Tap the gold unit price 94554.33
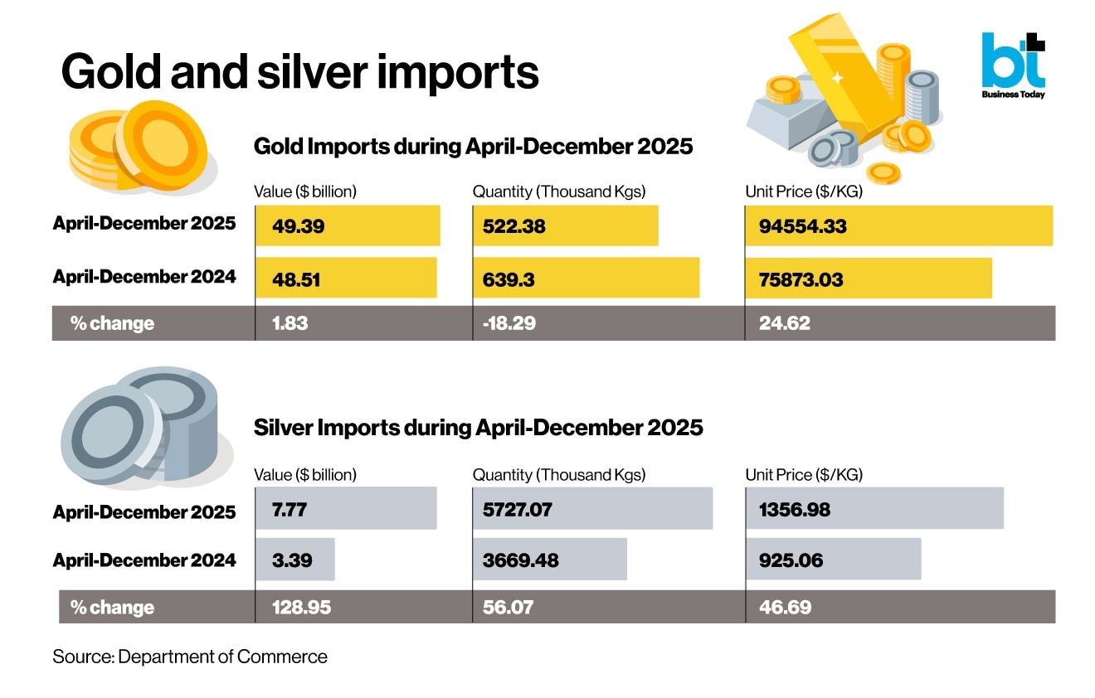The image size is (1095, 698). pos(802,226)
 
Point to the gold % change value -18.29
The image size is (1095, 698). pos(509,323)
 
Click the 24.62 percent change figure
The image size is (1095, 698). pos(784,323)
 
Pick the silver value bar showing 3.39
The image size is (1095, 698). pos(294,560)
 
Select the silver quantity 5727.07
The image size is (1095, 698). pos(517,510)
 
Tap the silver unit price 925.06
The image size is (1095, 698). pos(791,560)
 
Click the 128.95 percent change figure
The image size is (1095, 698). pos(301,608)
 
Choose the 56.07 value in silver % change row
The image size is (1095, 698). pos(508,608)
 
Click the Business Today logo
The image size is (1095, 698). pos(1013,65)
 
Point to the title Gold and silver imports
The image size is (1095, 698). pos(300,72)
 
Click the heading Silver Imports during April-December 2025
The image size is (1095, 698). pos(478,428)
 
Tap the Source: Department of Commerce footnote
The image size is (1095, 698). pos(190,657)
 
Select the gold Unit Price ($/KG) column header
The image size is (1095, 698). pos(804,191)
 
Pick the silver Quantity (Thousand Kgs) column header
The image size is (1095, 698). pos(559,475)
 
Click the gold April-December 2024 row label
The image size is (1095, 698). pos(144,277)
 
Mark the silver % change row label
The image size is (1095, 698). pos(112,608)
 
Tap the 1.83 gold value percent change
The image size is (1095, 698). pos(290,323)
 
